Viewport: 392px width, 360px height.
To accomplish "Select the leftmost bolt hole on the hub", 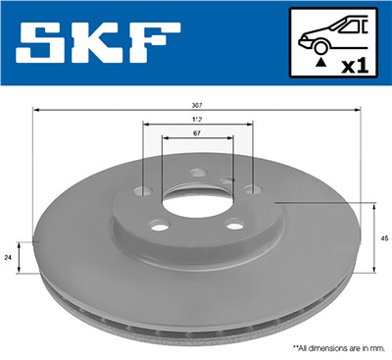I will click(x=146, y=190).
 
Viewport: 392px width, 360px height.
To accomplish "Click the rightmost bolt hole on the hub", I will click(x=250, y=189).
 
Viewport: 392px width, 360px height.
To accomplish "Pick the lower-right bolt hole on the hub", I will click(x=235, y=228).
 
